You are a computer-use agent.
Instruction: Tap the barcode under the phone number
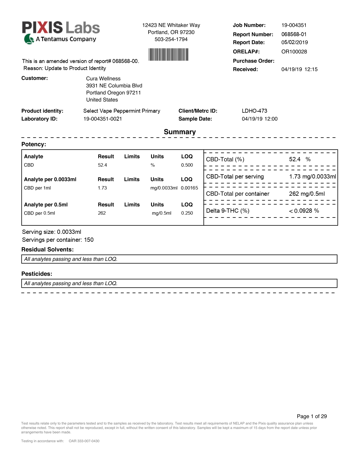[x=168, y=55]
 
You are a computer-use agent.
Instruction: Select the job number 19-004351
[x=294, y=25]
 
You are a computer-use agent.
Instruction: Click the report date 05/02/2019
[x=294, y=42]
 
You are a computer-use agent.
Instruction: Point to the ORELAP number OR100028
[x=294, y=52]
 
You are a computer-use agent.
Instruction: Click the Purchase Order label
[x=253, y=61]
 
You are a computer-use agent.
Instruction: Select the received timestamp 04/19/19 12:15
[x=299, y=69]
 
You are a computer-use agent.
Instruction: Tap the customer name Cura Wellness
[x=103, y=79]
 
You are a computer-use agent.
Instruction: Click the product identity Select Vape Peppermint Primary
[x=122, y=111]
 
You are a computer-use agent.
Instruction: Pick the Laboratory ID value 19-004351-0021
[x=102, y=119]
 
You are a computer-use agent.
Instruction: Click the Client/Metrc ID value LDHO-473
[x=254, y=111]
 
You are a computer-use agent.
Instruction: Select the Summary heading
[x=180, y=132]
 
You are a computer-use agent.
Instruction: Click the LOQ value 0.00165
[x=189, y=188]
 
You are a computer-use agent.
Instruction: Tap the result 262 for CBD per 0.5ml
[x=102, y=213]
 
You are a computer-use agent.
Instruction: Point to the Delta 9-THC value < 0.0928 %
[x=304, y=211]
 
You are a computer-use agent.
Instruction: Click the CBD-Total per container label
[x=237, y=194]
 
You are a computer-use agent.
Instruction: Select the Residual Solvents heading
[x=47, y=250]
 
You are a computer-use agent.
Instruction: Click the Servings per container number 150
[x=89, y=240]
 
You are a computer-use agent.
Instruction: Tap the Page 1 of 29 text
[x=312, y=416]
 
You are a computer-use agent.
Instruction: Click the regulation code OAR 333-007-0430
[x=84, y=441]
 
